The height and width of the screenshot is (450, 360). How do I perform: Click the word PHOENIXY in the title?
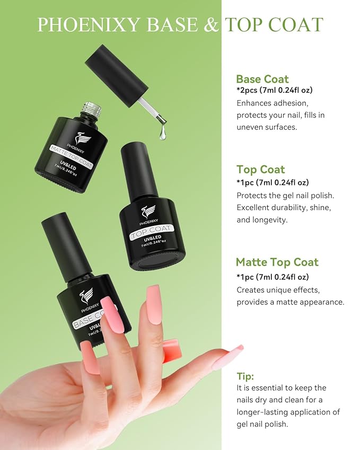[x=88, y=25]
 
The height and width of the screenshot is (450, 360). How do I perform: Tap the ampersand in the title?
[x=211, y=25]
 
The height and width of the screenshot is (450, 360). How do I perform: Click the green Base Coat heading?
[x=262, y=79]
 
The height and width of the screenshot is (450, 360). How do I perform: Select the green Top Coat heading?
[x=261, y=169]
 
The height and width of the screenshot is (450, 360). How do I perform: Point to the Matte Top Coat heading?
[x=277, y=262]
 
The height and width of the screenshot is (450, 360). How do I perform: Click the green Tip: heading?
[x=245, y=376]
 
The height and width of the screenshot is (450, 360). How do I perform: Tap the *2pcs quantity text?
[x=248, y=90]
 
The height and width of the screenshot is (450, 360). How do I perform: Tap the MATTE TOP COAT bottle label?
[x=72, y=156]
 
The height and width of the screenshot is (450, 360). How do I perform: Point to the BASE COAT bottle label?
[x=86, y=319]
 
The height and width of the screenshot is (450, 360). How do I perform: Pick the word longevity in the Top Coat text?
[x=269, y=220]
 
